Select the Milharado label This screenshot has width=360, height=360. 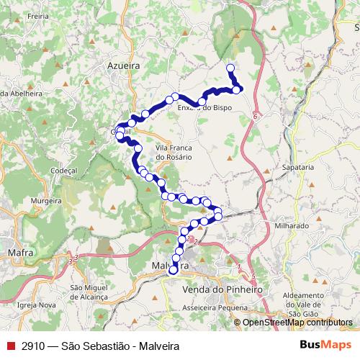[292, 225]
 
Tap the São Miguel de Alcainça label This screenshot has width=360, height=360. [89, 292]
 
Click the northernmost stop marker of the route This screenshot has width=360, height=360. [230, 68]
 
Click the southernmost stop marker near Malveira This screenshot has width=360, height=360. [173, 271]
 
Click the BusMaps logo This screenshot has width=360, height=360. [325, 346]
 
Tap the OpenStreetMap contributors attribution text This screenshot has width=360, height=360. [297, 323]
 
